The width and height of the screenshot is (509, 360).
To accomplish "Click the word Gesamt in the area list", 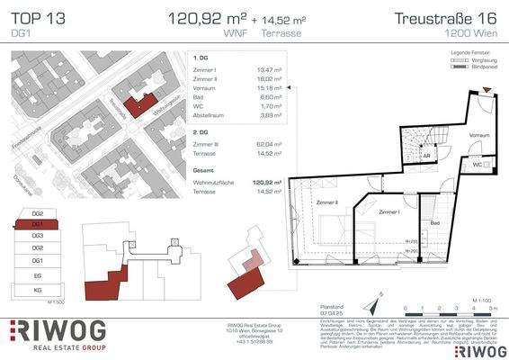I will coord(204,168).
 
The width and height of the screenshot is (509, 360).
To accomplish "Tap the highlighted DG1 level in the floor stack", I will coord(38,223).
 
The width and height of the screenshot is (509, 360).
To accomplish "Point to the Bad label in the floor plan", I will coord(434,221).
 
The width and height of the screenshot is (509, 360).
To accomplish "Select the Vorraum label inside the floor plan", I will coord(479,134).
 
